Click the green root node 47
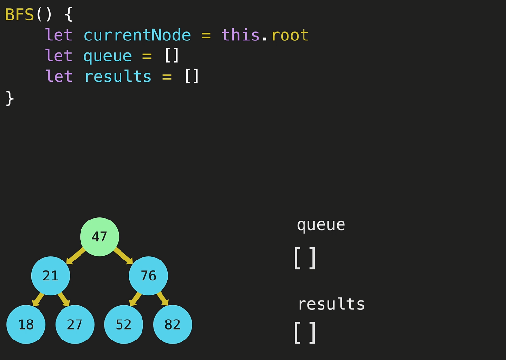click(100, 237)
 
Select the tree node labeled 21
click(51, 276)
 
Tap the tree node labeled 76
click(148, 276)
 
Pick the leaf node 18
click(26, 324)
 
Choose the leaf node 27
click(75, 324)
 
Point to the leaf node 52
click(124, 324)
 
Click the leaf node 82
click(173, 324)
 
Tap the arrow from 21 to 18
click(37, 299)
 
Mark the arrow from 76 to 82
click(162, 299)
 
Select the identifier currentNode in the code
click(137, 35)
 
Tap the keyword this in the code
click(241, 35)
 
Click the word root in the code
click(290, 35)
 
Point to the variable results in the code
click(118, 77)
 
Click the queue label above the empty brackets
click(321, 225)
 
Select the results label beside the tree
click(331, 304)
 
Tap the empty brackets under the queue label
click(305, 258)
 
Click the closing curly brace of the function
click(10, 98)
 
